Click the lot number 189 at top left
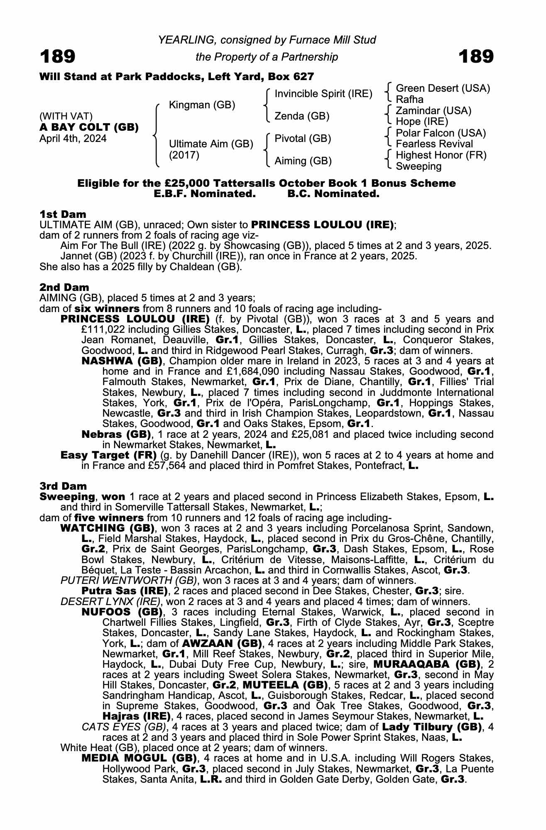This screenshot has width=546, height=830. click(x=57, y=56)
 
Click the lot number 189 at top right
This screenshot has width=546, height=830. click(x=476, y=56)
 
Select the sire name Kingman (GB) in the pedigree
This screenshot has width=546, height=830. click(x=202, y=105)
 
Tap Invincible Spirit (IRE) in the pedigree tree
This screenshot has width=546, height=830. click(x=323, y=94)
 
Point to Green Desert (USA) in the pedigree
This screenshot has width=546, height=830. click(x=443, y=88)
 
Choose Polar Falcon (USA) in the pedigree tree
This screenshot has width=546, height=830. click(x=441, y=133)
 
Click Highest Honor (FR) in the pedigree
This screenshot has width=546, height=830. click(x=441, y=155)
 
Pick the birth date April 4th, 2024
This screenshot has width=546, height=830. click(x=73, y=139)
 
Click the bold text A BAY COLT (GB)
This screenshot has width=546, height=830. click(x=89, y=127)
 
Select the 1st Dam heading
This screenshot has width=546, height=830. click(x=63, y=214)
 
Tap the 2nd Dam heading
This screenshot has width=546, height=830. click(x=64, y=287)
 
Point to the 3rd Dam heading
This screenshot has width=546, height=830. click(x=63, y=486)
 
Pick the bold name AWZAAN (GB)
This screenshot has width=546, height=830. click(x=222, y=644)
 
